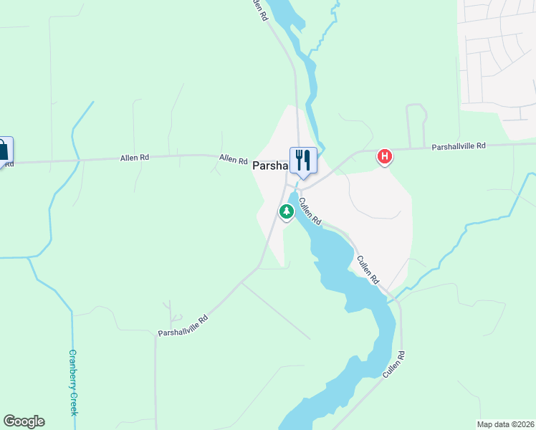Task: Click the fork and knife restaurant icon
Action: (303, 161)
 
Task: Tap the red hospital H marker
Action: (385, 156)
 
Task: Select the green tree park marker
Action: (287, 212)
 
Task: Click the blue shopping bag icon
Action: (3, 150)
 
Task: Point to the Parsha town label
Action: (269, 166)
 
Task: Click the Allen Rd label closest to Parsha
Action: (233, 159)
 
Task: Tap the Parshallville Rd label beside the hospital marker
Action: (459, 146)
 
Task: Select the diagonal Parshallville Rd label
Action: (183, 325)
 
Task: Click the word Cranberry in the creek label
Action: (72, 368)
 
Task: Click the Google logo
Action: (24, 421)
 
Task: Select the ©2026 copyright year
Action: (522, 424)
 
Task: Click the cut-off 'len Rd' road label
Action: (259, 9)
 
